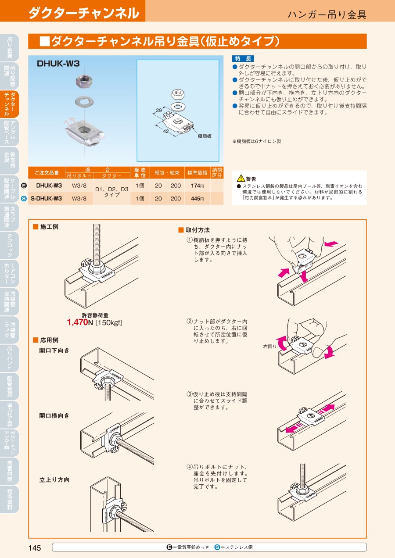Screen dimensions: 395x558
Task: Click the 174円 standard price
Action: point(197,186)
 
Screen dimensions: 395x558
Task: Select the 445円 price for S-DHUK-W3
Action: point(197,199)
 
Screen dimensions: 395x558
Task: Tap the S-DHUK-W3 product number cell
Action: point(47,199)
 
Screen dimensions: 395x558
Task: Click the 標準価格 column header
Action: point(197,173)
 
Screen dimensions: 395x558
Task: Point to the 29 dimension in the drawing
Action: point(159,110)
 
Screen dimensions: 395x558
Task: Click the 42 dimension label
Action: point(166,131)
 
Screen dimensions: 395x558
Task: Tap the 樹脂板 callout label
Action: point(205,136)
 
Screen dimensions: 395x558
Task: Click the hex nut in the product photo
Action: point(84,81)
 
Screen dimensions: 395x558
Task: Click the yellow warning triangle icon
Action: point(241,178)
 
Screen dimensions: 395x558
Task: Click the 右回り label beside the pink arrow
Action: point(269,347)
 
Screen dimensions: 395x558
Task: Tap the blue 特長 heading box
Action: point(243,58)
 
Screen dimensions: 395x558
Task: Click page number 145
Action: point(35,548)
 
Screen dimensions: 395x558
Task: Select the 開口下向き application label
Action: point(54,351)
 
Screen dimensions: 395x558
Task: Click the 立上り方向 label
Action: point(54,480)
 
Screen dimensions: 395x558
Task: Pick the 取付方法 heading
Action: point(197,230)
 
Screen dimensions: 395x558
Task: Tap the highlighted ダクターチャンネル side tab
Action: point(10,104)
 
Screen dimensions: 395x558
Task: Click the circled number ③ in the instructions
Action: point(190,394)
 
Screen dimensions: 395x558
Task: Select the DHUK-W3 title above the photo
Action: point(58,64)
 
